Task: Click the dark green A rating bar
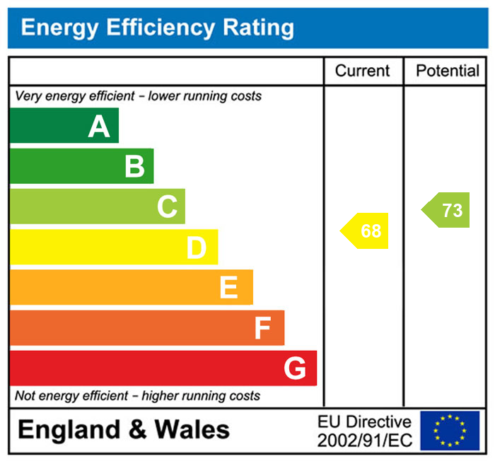pyautogui.click(x=64, y=126)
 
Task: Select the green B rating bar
pyautogui.click(x=81, y=166)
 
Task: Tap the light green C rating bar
pyautogui.click(x=97, y=206)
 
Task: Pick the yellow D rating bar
pyautogui.click(x=113, y=247)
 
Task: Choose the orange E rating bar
pyautogui.click(x=131, y=287)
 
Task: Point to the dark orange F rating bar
pyautogui.click(x=146, y=327)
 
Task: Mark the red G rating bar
pyautogui.click(x=163, y=368)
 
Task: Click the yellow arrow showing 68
pyautogui.click(x=366, y=230)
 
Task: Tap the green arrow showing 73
pyautogui.click(x=448, y=210)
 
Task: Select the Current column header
pyautogui.click(x=362, y=71)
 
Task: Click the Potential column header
pyautogui.click(x=448, y=71)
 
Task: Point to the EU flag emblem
pyautogui.click(x=450, y=431)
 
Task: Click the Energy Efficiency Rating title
pyautogui.click(x=157, y=28)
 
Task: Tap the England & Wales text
pyautogui.click(x=124, y=429)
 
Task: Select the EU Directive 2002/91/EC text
pyautogui.click(x=364, y=431)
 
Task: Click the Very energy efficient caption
pyautogui.click(x=138, y=95)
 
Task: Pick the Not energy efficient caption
pyautogui.click(x=137, y=396)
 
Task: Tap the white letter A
pyautogui.click(x=99, y=127)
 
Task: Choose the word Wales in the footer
pyautogui.click(x=192, y=429)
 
